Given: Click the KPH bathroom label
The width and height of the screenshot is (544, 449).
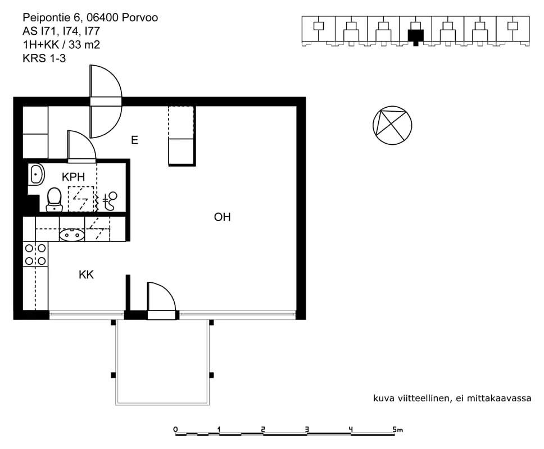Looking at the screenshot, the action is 73,177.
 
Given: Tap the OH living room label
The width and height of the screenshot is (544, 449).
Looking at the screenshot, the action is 223,217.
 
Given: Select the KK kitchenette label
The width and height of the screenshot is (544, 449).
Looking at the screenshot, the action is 86,275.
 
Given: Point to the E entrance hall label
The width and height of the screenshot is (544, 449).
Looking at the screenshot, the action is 135,140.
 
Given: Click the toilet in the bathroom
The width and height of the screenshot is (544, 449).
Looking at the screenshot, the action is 54,200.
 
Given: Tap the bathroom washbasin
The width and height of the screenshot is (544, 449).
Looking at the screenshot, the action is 36,175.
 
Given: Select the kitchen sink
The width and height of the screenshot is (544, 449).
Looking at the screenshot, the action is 72,235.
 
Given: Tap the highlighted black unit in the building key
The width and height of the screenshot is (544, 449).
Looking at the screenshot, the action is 416,36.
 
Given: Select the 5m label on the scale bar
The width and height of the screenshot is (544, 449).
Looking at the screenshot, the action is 397,429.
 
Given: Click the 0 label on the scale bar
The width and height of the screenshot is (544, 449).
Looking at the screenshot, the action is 175,429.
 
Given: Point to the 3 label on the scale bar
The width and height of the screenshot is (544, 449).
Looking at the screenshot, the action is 307,429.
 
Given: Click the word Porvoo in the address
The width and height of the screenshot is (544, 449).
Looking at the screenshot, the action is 140,17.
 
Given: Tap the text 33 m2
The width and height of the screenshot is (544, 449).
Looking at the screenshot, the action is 84,45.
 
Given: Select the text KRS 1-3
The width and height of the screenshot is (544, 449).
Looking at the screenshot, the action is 44,58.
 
